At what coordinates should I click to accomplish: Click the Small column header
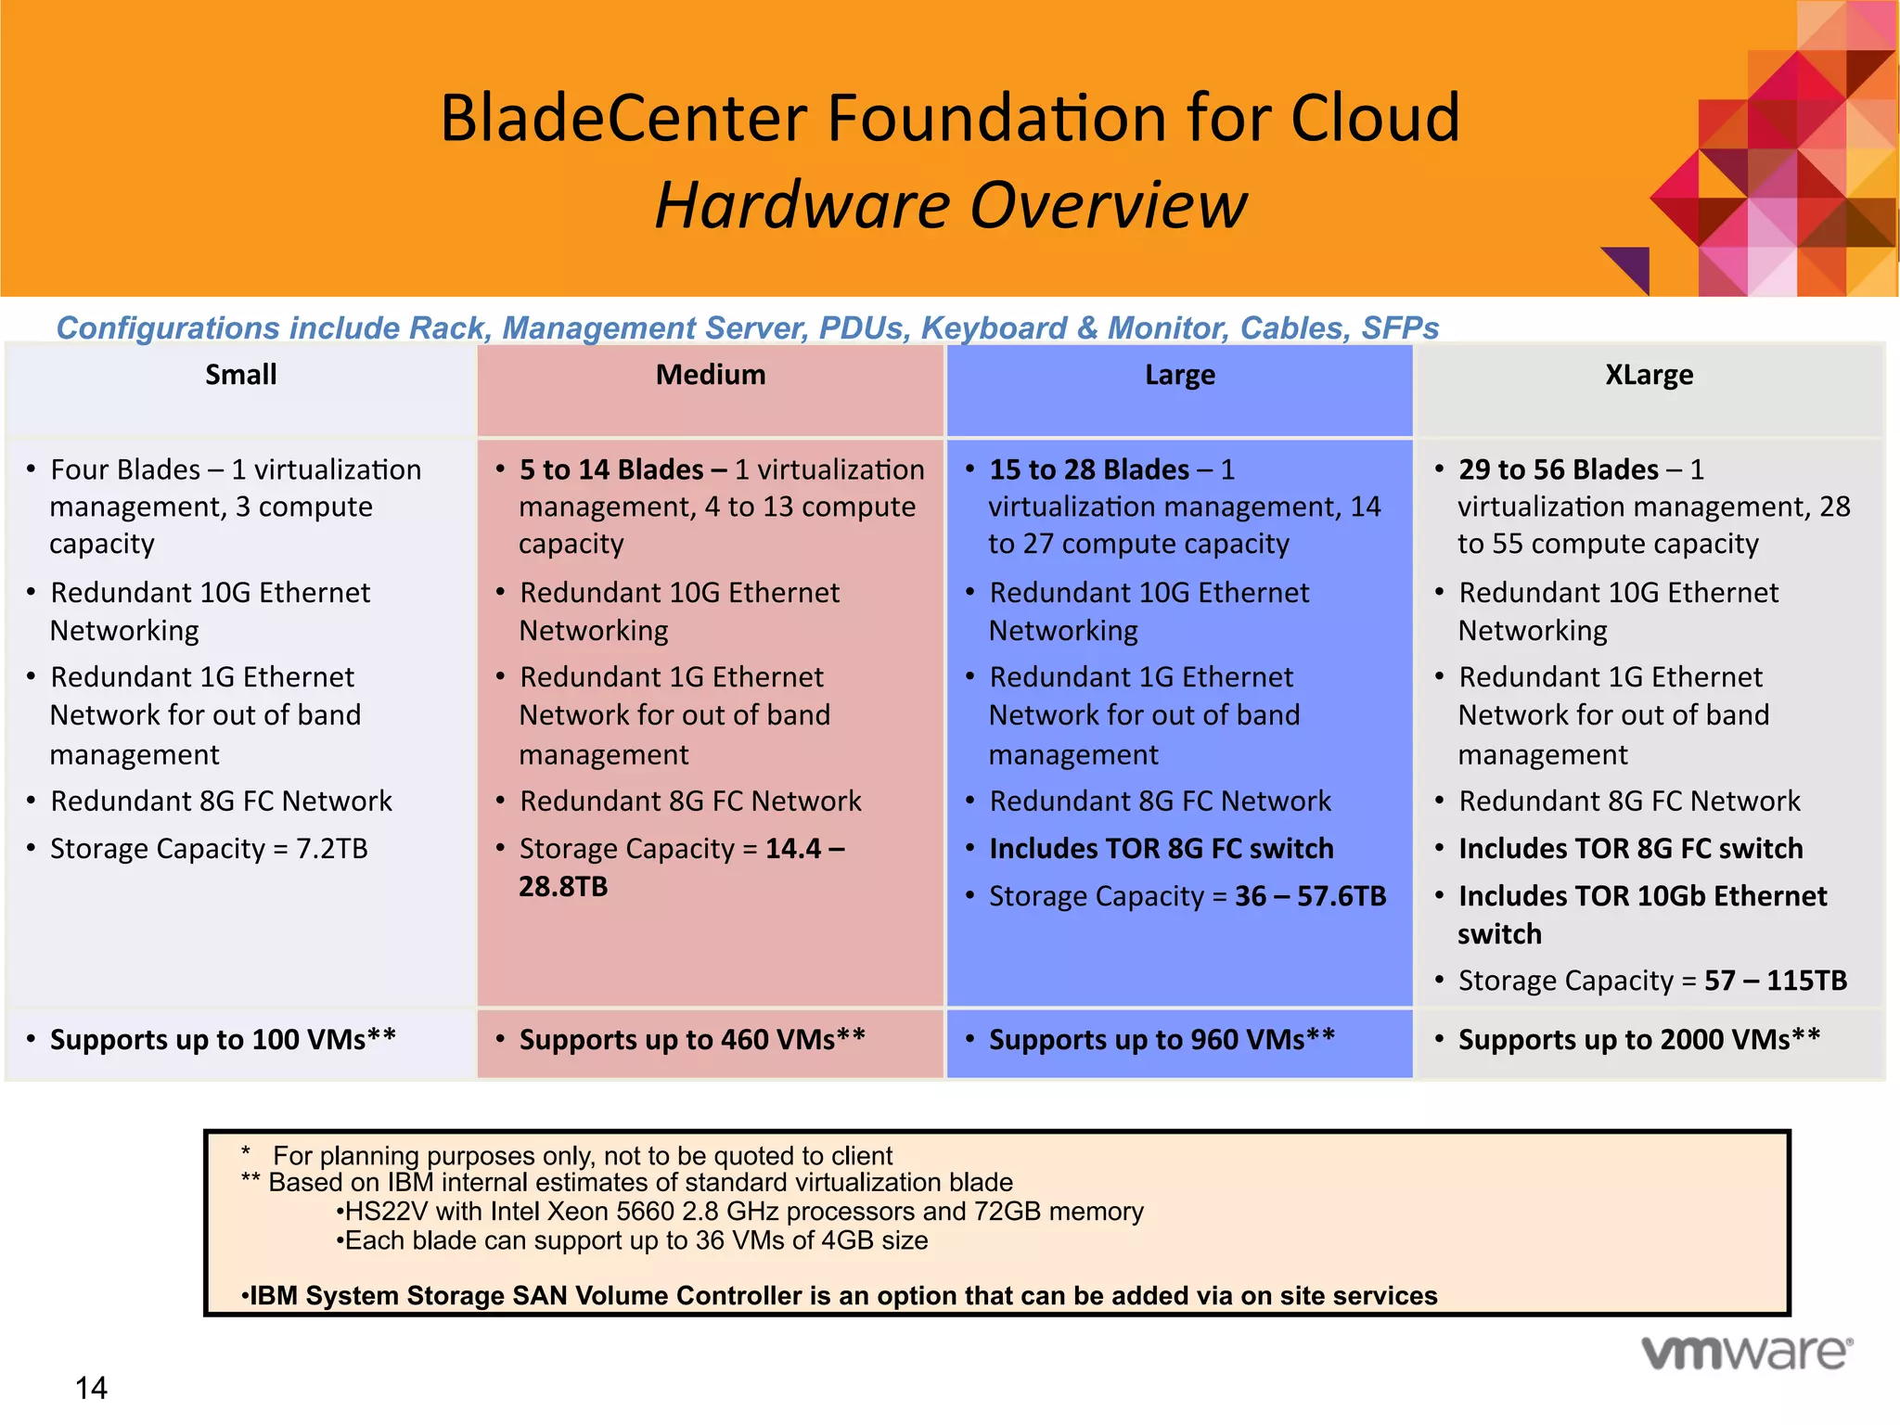(240, 375)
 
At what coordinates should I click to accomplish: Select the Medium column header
(711, 375)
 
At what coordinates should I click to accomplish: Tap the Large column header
(1179, 375)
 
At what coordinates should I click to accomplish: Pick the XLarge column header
(1649, 375)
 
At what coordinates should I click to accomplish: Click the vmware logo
(1747, 1353)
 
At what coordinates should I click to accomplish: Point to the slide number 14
(91, 1388)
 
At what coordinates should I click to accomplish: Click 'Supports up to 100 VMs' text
(223, 1040)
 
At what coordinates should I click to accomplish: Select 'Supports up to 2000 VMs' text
(1638, 1040)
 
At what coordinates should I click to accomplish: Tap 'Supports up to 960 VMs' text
(1162, 1040)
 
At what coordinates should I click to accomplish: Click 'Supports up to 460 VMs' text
(692, 1040)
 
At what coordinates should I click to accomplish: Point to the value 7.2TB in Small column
(331, 849)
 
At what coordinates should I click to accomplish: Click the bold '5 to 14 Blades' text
(611, 469)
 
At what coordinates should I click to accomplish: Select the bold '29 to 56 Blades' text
(1559, 469)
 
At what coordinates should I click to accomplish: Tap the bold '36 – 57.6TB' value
(1310, 896)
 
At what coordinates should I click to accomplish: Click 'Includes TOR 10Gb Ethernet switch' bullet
(1642, 897)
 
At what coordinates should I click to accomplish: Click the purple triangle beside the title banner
(1631, 265)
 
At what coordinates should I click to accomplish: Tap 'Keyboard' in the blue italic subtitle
(994, 328)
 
